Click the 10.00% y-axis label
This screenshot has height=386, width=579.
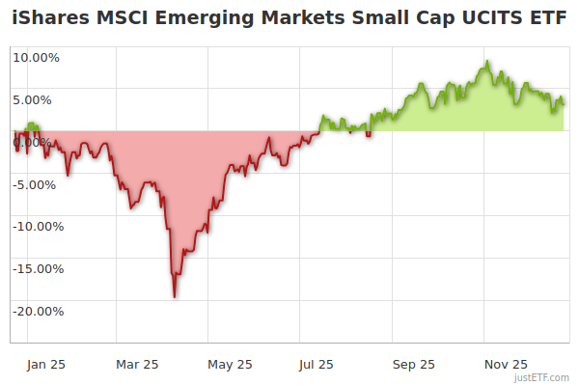point(37,57)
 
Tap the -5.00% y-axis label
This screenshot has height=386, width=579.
point(38,184)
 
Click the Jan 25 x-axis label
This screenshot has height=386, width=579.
point(45,364)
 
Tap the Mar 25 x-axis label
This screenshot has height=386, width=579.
point(136,364)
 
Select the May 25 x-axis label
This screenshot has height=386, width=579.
point(230,364)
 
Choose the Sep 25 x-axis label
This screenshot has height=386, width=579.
point(413,364)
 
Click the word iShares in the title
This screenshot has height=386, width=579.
point(48,18)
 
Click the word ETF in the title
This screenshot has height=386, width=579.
point(546,18)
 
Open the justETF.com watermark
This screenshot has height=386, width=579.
point(541,377)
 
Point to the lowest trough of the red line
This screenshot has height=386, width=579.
point(175,296)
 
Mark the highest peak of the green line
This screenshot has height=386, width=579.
point(488,63)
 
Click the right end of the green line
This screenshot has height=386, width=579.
point(565,103)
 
